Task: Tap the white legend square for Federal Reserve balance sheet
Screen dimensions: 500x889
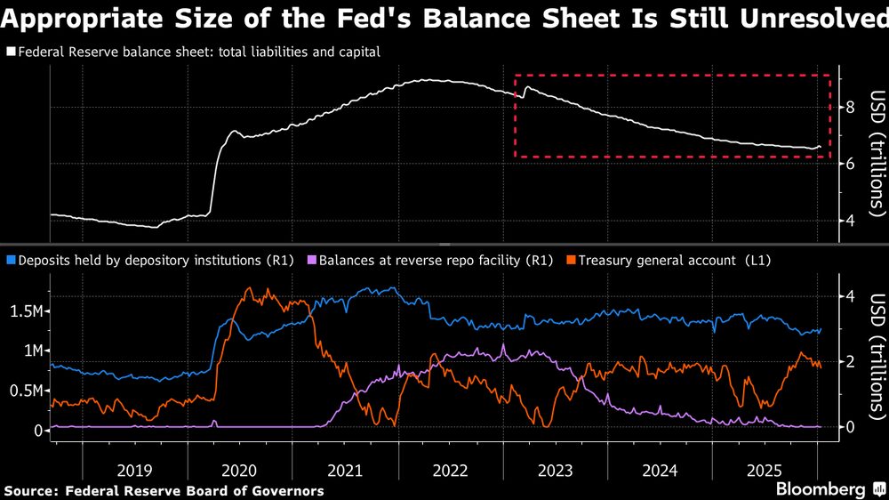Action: [11, 52]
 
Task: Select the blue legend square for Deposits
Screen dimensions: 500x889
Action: [11, 260]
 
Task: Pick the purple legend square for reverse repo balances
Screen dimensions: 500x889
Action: [310, 260]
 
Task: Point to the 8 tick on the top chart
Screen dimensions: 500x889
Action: [850, 108]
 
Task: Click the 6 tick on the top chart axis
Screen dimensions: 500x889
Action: [850, 164]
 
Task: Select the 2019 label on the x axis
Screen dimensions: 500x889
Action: [134, 470]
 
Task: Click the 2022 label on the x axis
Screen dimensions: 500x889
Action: [450, 470]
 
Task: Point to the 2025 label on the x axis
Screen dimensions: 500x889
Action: [765, 470]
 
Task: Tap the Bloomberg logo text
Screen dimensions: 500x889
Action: [821, 489]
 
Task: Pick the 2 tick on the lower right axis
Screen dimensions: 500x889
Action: [850, 361]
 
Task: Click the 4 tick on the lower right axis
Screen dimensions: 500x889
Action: [850, 296]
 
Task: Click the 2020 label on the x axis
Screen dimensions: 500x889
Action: [240, 470]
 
